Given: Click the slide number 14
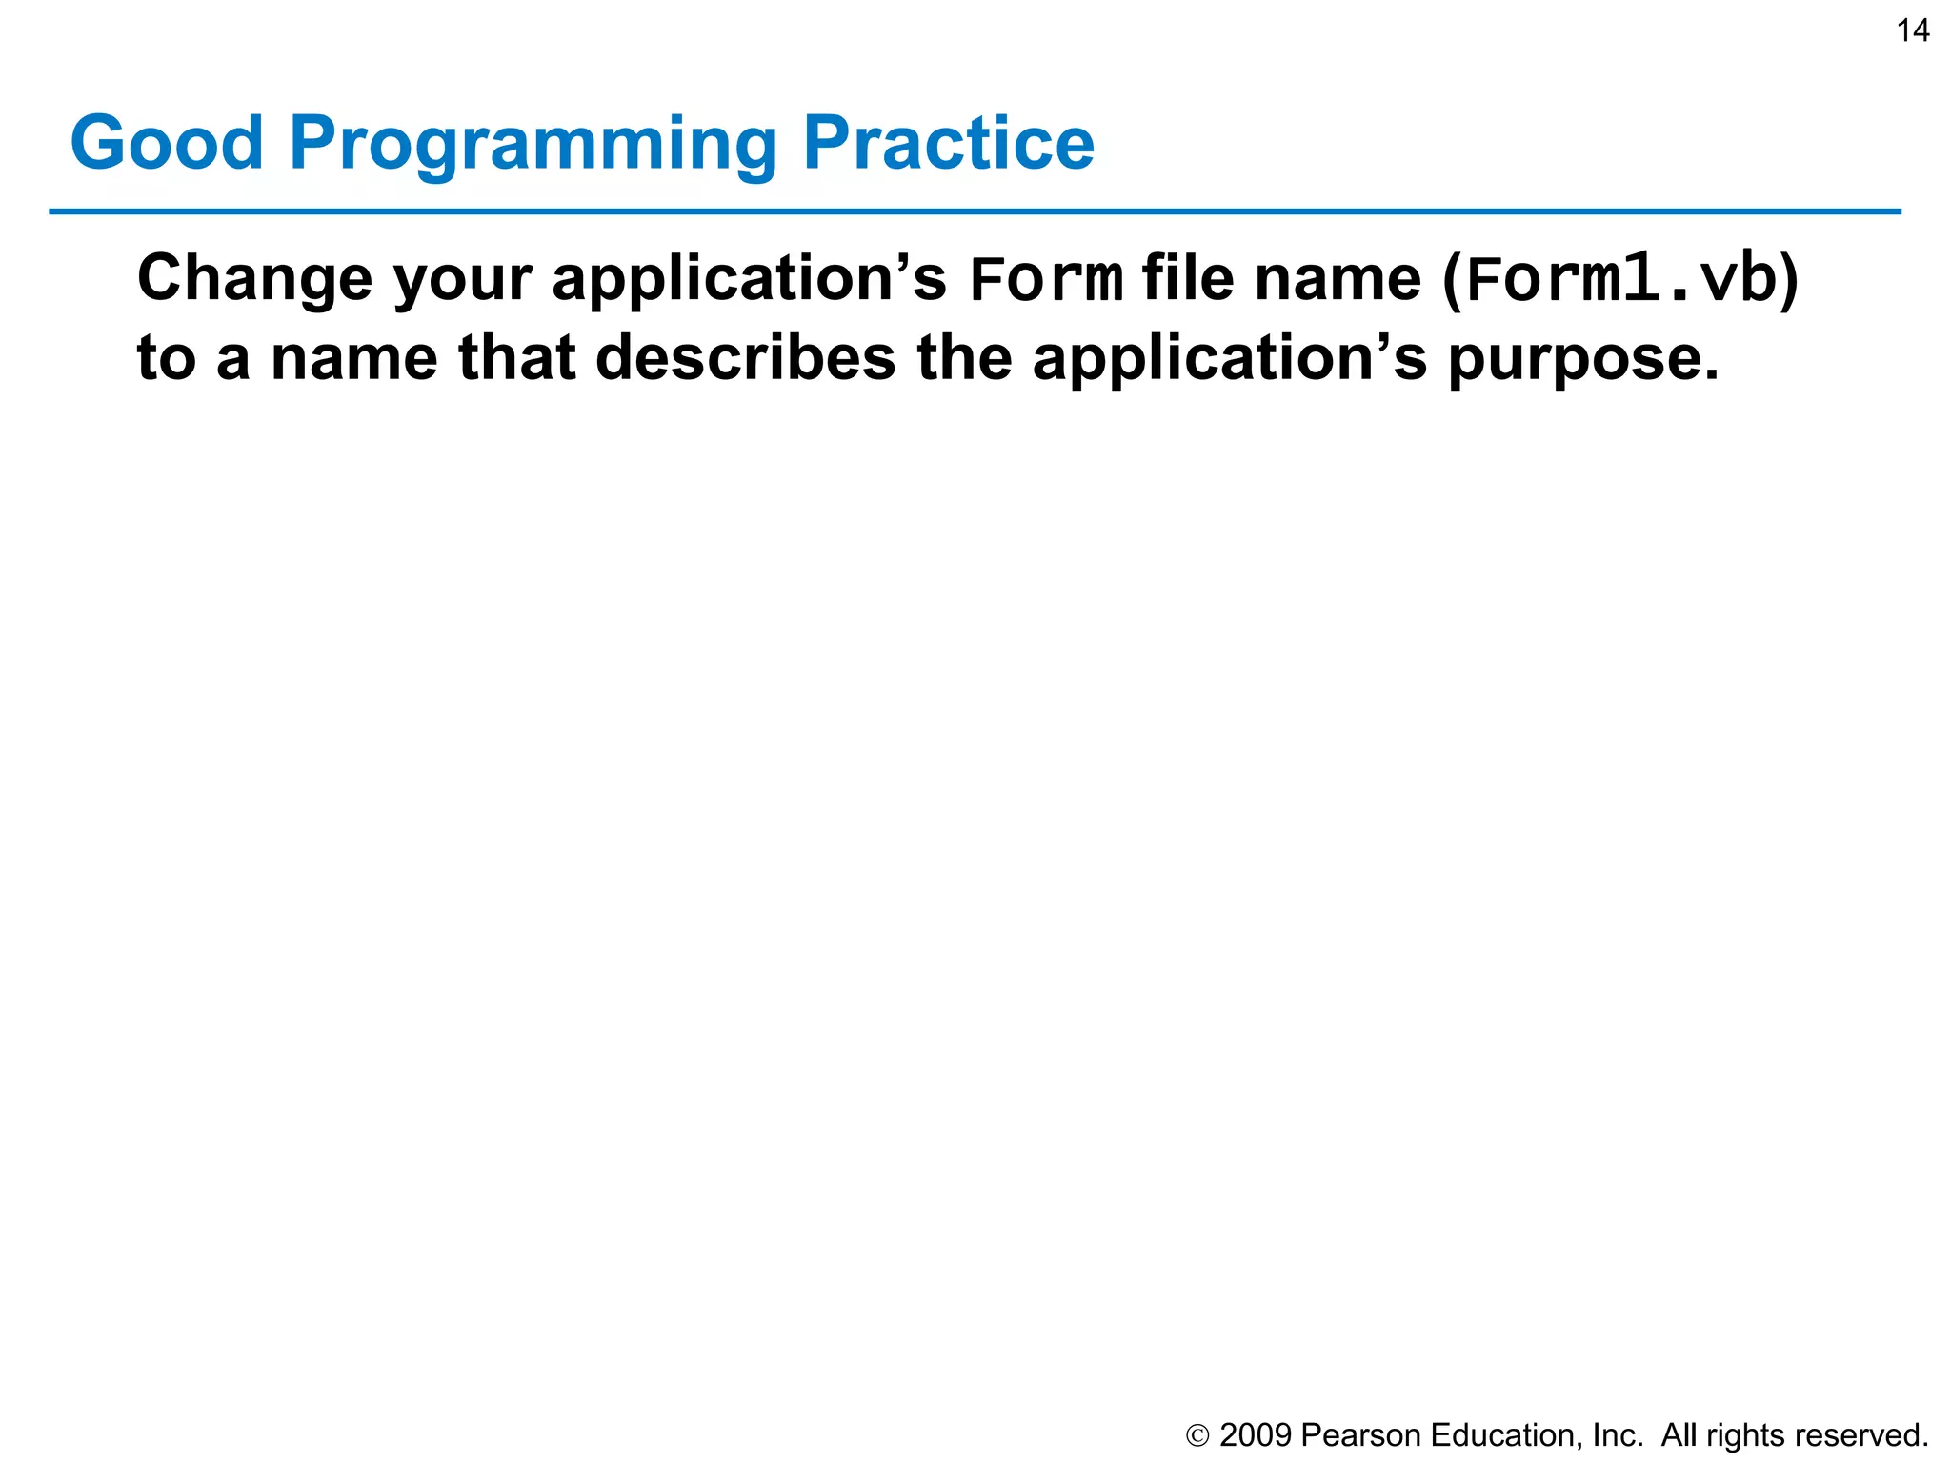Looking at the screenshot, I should tap(1913, 31).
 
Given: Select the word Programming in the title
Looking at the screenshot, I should tap(533, 145).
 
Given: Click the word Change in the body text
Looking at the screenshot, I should tap(254, 279).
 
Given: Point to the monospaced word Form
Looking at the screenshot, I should tap(1045, 281).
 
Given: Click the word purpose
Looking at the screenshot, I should tap(1583, 360).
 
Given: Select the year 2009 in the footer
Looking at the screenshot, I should tap(1255, 1435).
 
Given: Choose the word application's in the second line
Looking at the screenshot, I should tap(1230, 358).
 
